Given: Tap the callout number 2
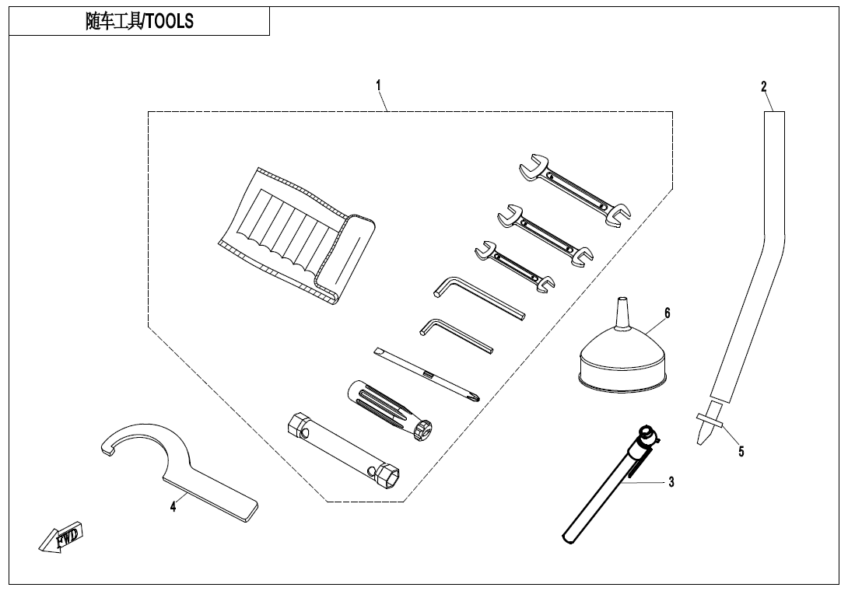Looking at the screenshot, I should tap(764, 86).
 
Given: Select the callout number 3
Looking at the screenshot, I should tap(671, 482).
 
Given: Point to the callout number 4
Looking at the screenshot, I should tap(173, 506).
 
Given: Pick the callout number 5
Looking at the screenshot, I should tap(741, 451).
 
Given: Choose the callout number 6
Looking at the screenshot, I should tap(667, 313).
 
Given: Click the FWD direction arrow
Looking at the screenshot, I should tap(61, 537).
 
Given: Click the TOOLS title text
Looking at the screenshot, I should tap(140, 22).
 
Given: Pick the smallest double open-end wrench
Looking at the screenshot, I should tap(514, 265).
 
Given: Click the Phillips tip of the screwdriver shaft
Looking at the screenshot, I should tap(473, 395).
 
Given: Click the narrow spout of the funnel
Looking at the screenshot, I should tap(621, 314).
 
